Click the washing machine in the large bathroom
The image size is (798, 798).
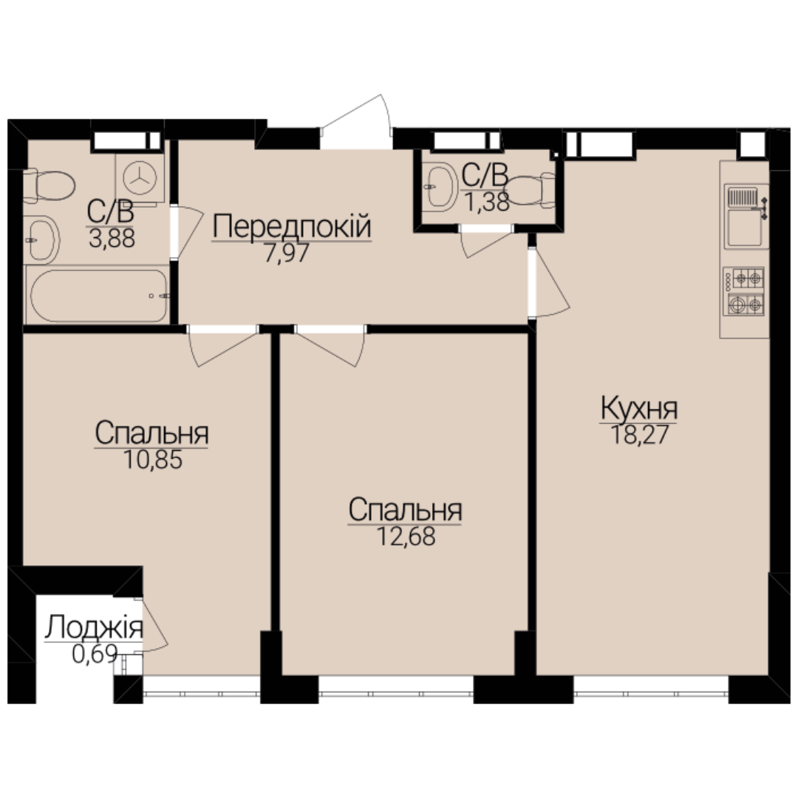(x=140, y=178)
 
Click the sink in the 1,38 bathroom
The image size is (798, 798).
(x=442, y=187)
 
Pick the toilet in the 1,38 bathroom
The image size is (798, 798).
(x=531, y=189)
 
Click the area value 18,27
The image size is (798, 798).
(x=638, y=435)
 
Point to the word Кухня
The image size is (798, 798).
(x=638, y=408)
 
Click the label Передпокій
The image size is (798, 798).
(x=292, y=227)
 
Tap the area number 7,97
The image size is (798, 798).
(x=286, y=253)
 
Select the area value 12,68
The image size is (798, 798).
(x=406, y=536)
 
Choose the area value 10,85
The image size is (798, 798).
(x=153, y=460)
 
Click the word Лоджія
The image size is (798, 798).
(x=94, y=627)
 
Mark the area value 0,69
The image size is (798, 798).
(x=95, y=654)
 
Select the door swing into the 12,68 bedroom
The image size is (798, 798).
(x=330, y=347)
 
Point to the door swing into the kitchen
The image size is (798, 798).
(x=550, y=283)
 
